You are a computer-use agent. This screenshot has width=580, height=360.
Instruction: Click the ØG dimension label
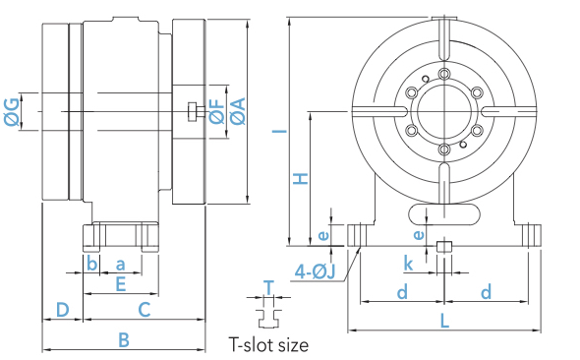(12, 112)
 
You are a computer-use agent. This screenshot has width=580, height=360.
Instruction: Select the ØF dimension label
(216, 111)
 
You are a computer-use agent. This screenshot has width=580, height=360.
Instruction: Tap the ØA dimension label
(238, 111)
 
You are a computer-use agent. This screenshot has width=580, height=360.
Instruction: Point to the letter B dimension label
(124, 339)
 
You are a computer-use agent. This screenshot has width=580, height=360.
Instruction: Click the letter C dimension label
(145, 310)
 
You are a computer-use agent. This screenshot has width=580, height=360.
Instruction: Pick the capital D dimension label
(63, 309)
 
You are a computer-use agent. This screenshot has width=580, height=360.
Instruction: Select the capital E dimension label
(121, 284)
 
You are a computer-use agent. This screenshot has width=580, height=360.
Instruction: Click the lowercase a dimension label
(120, 265)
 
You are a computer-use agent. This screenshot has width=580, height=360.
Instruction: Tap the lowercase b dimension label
(91, 264)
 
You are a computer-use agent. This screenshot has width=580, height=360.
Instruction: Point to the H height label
(301, 178)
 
